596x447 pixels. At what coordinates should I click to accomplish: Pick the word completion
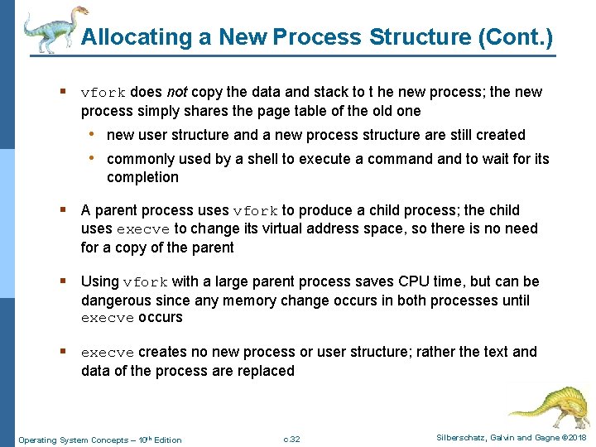pyautogui.click(x=142, y=177)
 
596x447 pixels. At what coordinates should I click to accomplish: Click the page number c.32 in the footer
pyautogui.click(x=291, y=439)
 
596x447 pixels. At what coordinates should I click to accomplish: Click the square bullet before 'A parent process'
pyautogui.click(x=64, y=210)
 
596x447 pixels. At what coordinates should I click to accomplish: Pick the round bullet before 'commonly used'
pyautogui.click(x=96, y=158)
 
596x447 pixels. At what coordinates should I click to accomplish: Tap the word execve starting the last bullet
pyautogui.click(x=108, y=353)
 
